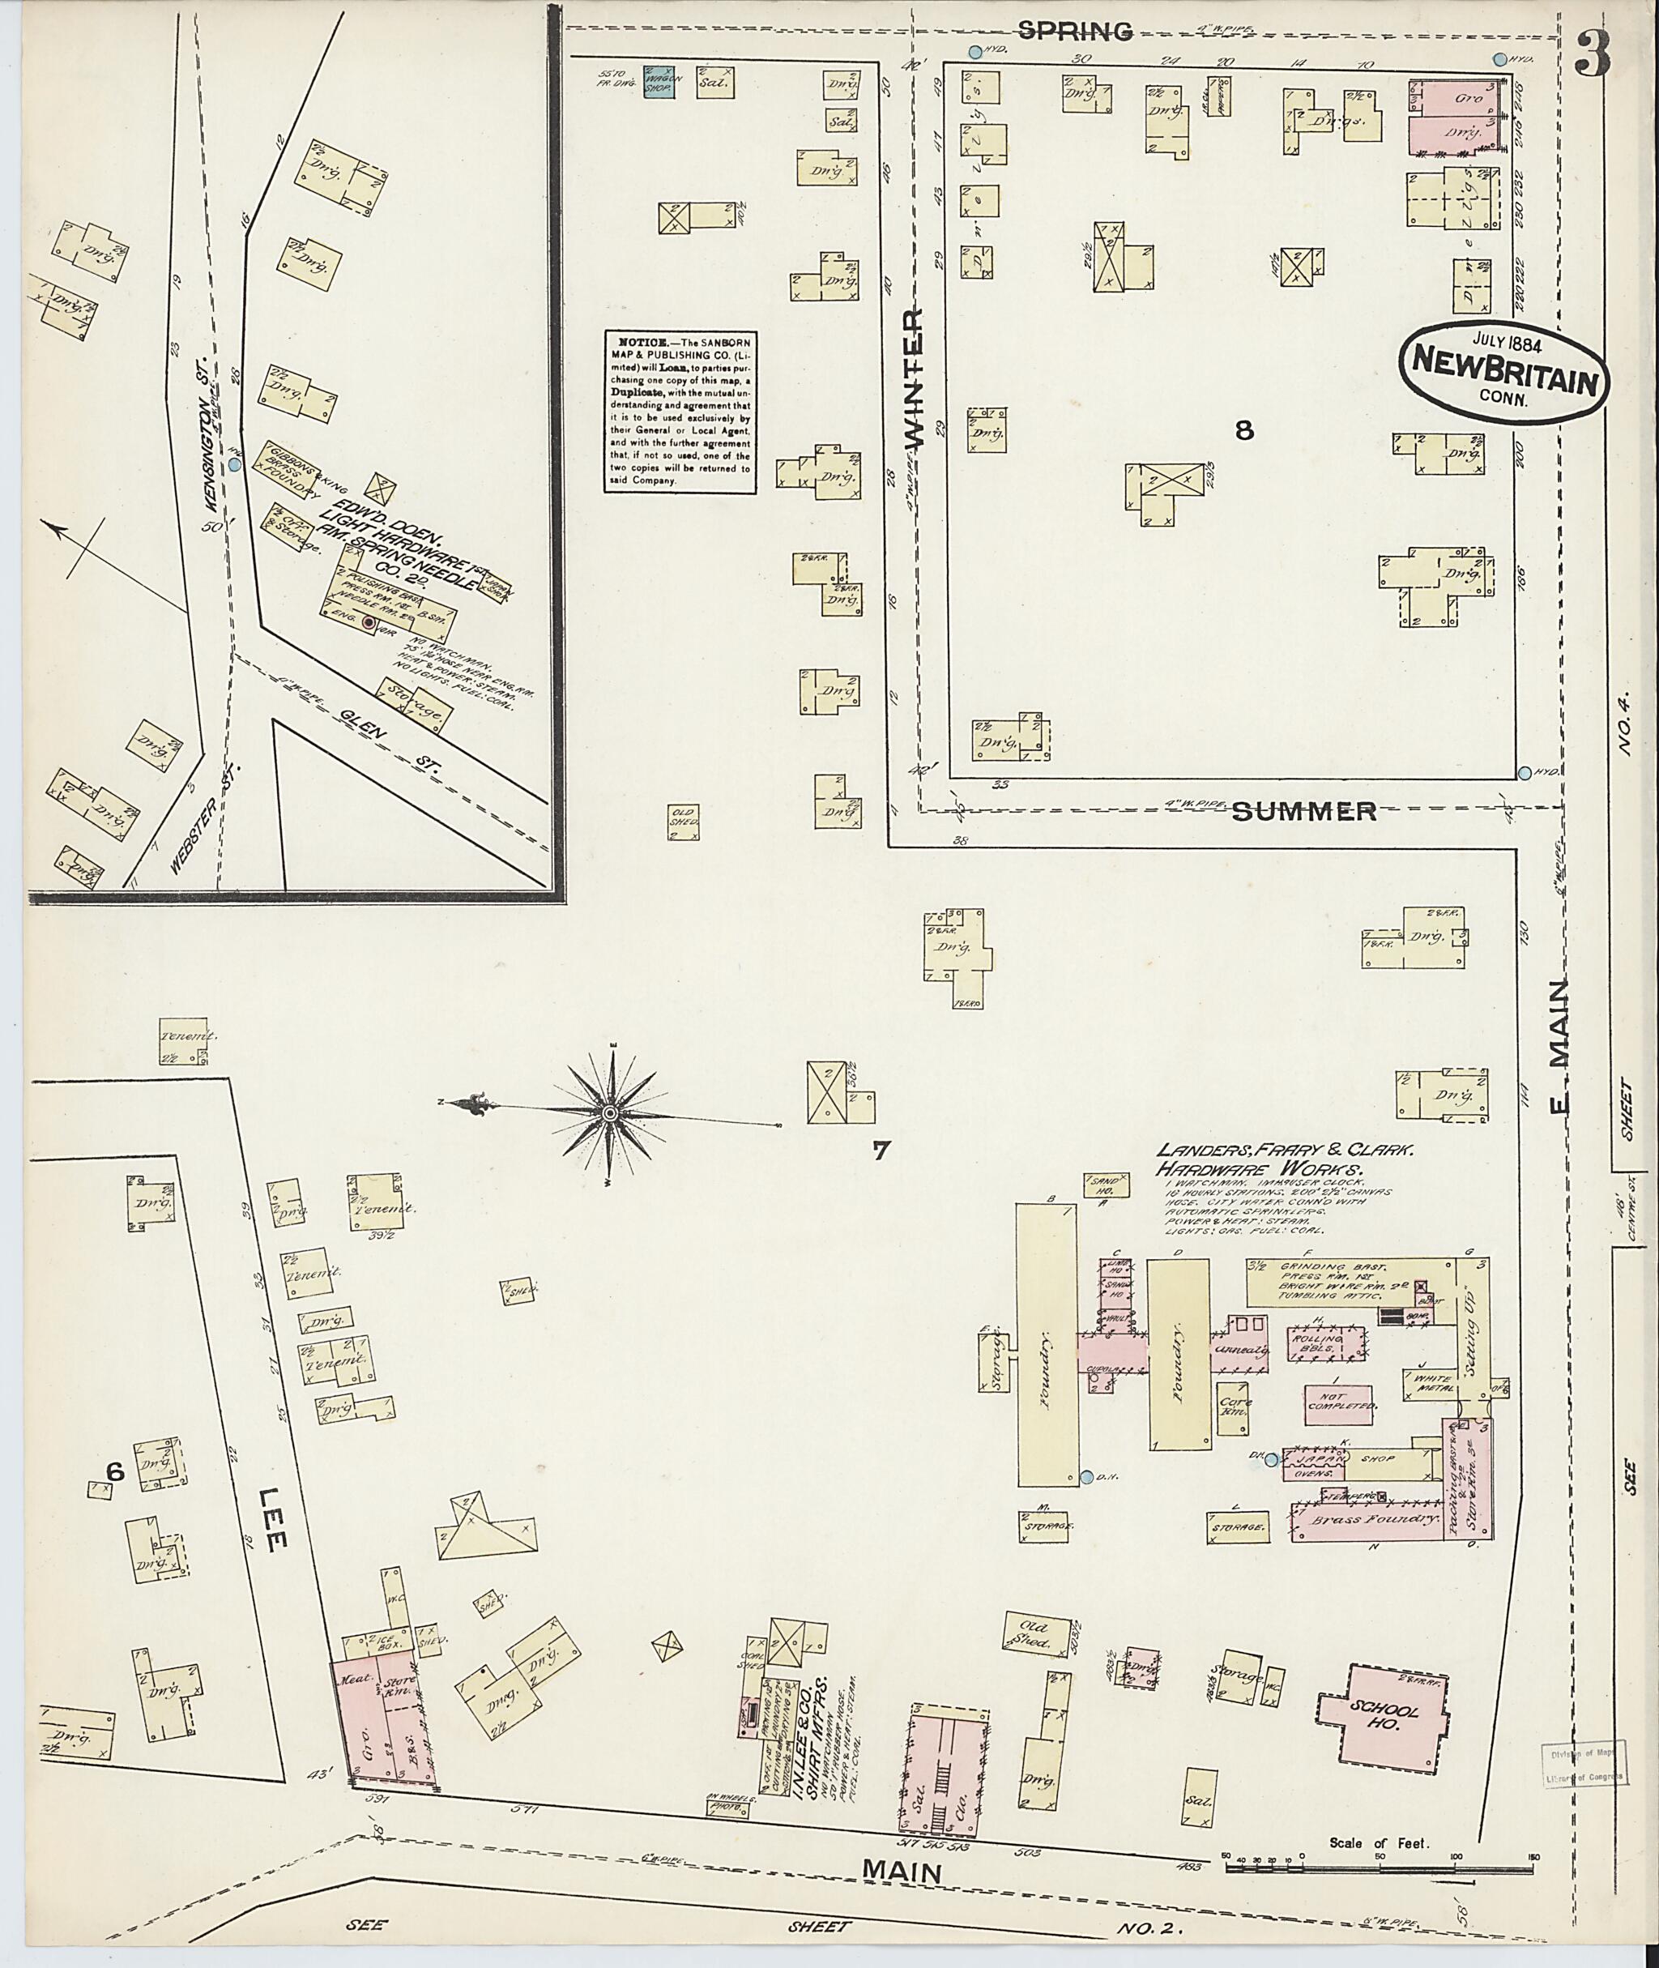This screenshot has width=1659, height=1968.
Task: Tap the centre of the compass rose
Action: [x=609, y=1114]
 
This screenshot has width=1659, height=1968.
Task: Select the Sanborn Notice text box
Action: [x=680, y=411]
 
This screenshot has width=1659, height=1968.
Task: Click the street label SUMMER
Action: [x=1303, y=811]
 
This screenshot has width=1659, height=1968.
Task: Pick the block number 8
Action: [x=1244, y=431]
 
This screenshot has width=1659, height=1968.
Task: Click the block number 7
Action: [x=881, y=1150]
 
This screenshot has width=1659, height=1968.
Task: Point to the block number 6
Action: [x=115, y=1472]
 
